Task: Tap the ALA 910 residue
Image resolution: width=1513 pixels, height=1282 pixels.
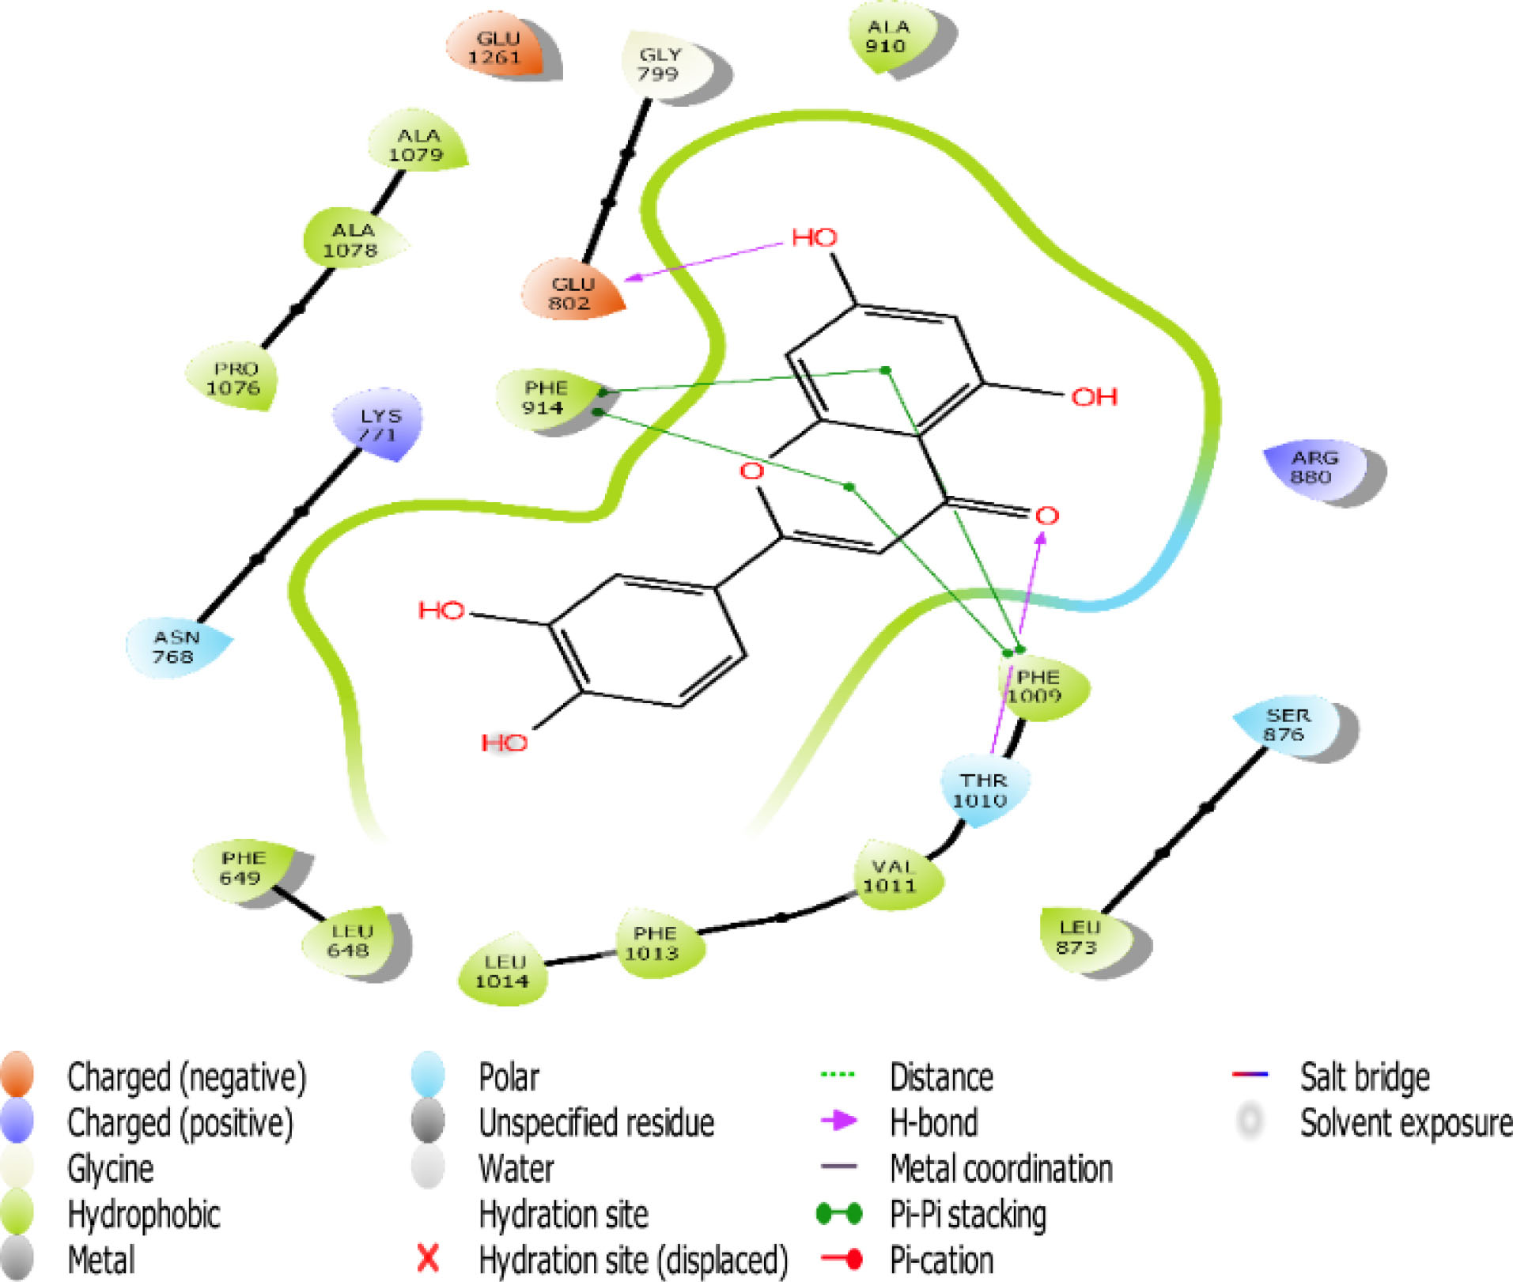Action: pos(888,36)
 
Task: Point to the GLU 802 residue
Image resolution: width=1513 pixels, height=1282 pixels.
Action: pos(572,293)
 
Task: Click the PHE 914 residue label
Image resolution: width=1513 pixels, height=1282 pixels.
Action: pos(545,397)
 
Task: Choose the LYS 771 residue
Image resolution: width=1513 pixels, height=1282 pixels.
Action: pos(380,425)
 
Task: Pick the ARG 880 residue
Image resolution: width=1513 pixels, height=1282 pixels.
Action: pos(1314,467)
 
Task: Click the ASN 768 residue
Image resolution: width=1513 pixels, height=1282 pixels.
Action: pos(176,646)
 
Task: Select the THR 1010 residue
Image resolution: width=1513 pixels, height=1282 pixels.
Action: pos(982,790)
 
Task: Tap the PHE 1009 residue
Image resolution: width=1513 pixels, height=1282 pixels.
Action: pos(1038,686)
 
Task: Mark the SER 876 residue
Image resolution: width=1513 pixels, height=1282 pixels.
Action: pos(1287,724)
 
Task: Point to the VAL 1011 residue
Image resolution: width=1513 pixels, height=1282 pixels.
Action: pos(891,875)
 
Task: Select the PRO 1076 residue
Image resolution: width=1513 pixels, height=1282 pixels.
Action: pos(234,378)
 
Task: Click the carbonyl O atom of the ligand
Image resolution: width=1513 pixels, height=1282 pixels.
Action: pos(1046,516)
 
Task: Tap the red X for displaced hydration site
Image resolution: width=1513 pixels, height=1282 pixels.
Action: pos(428,1257)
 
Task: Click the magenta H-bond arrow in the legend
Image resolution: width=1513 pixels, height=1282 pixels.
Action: pos(839,1121)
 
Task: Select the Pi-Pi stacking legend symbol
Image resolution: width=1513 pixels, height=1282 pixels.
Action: pos(839,1213)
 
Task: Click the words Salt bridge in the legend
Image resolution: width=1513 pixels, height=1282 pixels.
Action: pos(1364,1076)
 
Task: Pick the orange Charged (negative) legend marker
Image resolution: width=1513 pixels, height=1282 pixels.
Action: pos(17,1075)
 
